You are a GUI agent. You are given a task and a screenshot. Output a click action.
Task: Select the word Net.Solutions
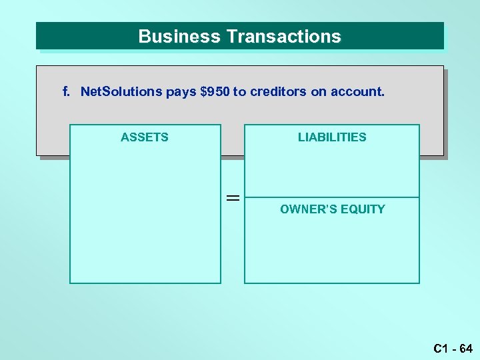(x=121, y=91)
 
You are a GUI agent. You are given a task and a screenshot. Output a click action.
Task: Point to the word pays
(x=181, y=92)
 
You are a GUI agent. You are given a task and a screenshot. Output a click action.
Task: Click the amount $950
(x=215, y=91)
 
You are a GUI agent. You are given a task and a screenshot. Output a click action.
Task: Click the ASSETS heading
(x=145, y=137)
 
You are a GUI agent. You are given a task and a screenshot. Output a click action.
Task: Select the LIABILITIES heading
(x=332, y=137)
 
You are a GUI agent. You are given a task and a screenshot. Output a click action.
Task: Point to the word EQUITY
(x=363, y=209)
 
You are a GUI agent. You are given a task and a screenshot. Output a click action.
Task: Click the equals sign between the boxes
(x=232, y=197)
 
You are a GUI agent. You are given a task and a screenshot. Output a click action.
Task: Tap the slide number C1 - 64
(x=453, y=347)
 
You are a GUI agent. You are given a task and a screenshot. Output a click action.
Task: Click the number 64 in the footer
(x=465, y=347)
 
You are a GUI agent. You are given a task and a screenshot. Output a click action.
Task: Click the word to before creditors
(x=239, y=91)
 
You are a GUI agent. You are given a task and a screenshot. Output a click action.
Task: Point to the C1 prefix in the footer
(x=440, y=347)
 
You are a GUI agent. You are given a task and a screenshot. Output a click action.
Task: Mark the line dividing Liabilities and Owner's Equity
(x=332, y=197)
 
